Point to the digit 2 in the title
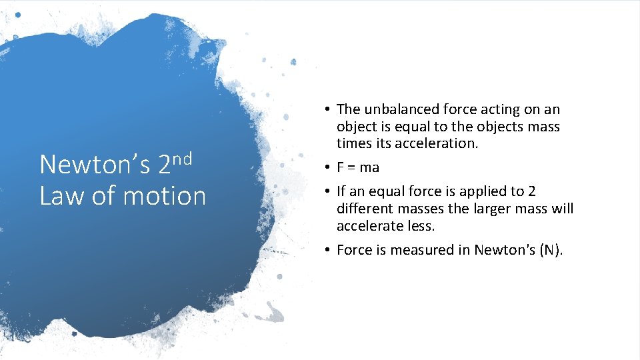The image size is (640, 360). [164, 165]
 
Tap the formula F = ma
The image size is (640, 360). [358, 167]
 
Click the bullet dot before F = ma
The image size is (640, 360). [329, 167]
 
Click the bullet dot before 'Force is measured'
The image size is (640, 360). [329, 250]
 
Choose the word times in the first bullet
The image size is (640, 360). [353, 144]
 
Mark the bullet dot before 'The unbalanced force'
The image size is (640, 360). [329, 109]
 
